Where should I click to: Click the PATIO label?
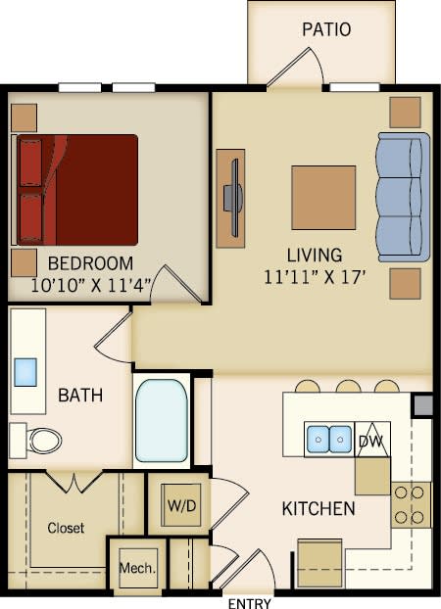(x=326, y=29)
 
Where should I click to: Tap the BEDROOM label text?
(x=90, y=263)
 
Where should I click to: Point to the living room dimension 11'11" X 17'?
(x=315, y=276)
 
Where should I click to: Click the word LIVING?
(x=315, y=255)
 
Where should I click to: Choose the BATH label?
(x=81, y=396)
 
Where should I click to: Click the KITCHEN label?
(x=318, y=509)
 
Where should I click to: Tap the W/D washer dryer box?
(x=180, y=505)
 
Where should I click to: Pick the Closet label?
(x=66, y=528)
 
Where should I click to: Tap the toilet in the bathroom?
(x=39, y=440)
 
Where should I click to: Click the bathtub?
(x=161, y=420)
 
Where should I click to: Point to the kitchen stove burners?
(x=412, y=504)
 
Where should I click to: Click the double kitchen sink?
(x=329, y=440)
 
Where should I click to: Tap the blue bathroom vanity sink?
(x=25, y=371)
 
